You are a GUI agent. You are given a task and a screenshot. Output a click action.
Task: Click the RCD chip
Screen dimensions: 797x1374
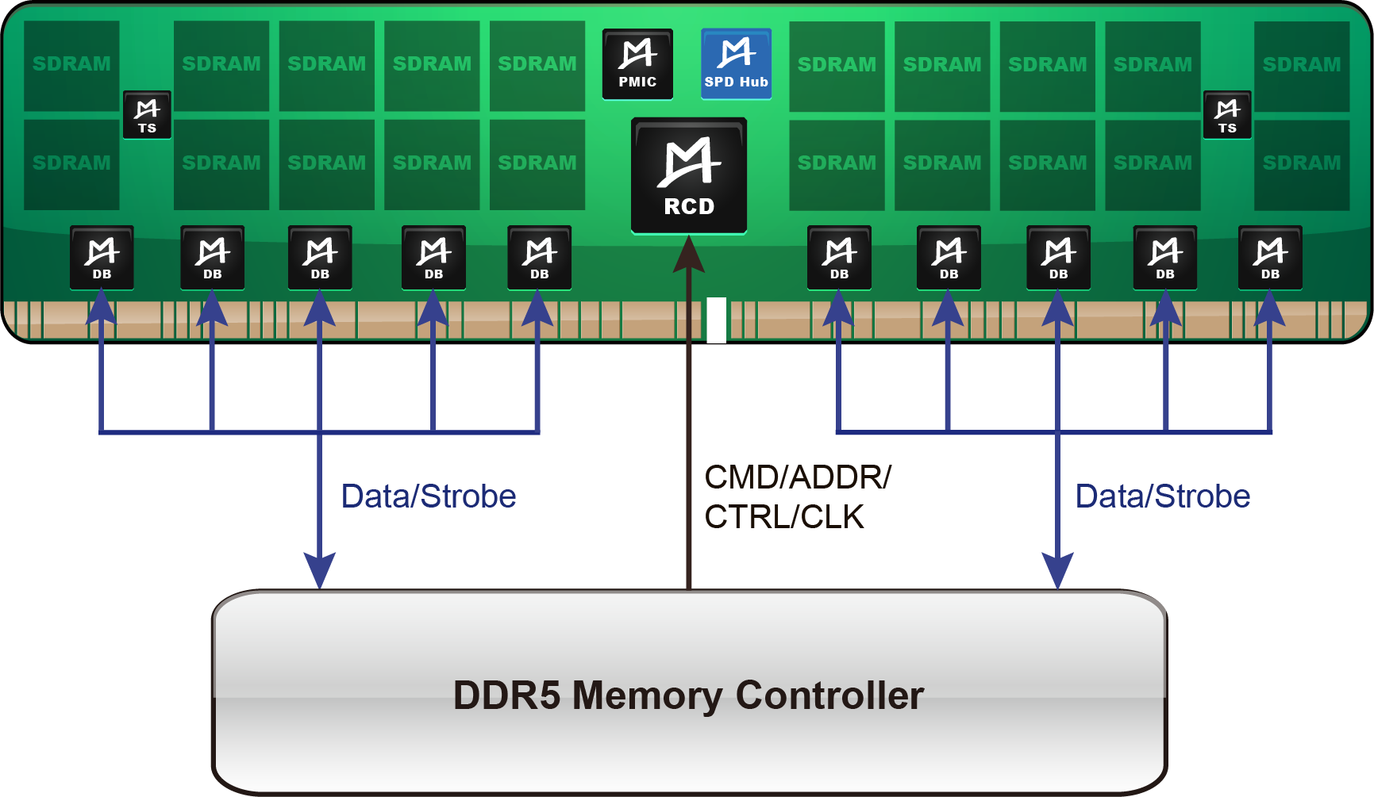pyautogui.click(x=688, y=176)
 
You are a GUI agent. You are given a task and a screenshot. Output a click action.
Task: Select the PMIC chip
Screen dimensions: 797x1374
pyautogui.click(x=637, y=64)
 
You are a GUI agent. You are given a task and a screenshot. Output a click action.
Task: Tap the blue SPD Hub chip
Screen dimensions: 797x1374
pyautogui.click(x=736, y=64)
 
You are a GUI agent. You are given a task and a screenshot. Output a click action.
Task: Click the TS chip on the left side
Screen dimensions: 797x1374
pyautogui.click(x=147, y=115)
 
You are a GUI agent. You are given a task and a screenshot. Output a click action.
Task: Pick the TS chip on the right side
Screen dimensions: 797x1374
pyautogui.click(x=1227, y=115)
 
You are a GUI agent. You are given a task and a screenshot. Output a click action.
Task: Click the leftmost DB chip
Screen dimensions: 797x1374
pyautogui.click(x=102, y=258)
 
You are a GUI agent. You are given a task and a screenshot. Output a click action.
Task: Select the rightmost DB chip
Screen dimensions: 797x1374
pyautogui.click(x=1270, y=258)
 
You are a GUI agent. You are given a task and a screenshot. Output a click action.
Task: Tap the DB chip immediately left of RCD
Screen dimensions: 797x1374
pyautogui.click(x=540, y=258)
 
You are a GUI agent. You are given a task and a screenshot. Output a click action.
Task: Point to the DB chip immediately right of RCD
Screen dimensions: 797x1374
pyautogui.click(x=839, y=258)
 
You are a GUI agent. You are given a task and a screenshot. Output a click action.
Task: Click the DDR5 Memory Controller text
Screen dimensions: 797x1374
pyautogui.click(x=688, y=695)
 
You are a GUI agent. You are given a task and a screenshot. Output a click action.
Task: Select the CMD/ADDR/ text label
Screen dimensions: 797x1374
pyautogui.click(x=797, y=477)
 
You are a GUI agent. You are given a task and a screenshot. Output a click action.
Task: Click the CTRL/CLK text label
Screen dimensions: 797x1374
pyautogui.click(x=783, y=517)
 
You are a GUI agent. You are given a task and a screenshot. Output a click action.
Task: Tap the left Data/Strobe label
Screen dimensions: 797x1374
pyautogui.click(x=429, y=496)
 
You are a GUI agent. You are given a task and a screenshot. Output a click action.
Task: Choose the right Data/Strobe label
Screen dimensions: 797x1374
pyautogui.click(x=1163, y=496)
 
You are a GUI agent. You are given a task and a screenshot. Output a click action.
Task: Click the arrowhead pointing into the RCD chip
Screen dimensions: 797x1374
pyautogui.click(x=688, y=254)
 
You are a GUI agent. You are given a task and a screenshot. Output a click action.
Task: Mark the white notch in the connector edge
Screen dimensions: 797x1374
pyautogui.click(x=716, y=320)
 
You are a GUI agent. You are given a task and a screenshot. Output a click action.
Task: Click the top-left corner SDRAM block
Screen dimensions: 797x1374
pyautogui.click(x=71, y=65)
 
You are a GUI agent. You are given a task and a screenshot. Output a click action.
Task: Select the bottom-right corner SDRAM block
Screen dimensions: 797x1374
pyautogui.click(x=1302, y=164)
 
